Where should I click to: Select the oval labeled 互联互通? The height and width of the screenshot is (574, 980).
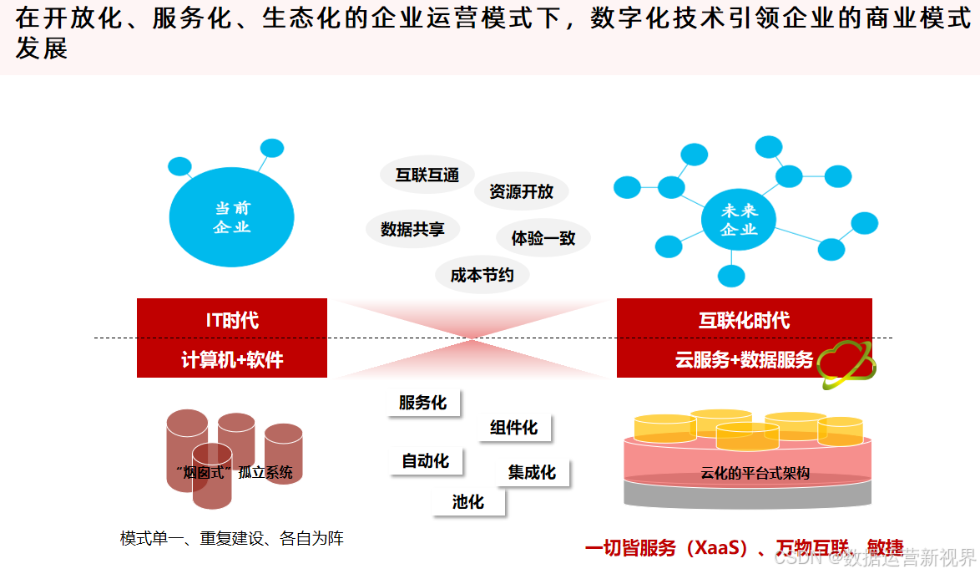427,175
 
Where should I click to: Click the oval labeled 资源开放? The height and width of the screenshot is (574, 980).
521,191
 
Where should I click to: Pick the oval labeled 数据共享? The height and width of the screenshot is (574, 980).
412,229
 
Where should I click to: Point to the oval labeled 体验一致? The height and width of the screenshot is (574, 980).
543,238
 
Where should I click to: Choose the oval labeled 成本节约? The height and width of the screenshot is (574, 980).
482,275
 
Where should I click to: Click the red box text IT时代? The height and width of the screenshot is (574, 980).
232,320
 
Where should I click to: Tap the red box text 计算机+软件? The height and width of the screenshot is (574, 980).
232,360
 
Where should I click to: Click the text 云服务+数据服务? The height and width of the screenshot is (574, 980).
744,360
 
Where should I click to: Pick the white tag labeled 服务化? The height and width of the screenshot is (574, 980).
422,403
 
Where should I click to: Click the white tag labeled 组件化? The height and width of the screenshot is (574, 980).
513,428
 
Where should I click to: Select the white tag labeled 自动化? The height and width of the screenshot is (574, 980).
425,460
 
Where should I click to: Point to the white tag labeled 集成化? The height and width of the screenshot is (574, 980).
532,472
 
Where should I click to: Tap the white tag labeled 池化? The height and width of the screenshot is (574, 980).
468,501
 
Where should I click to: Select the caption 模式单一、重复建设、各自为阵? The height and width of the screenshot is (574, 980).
232,539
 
